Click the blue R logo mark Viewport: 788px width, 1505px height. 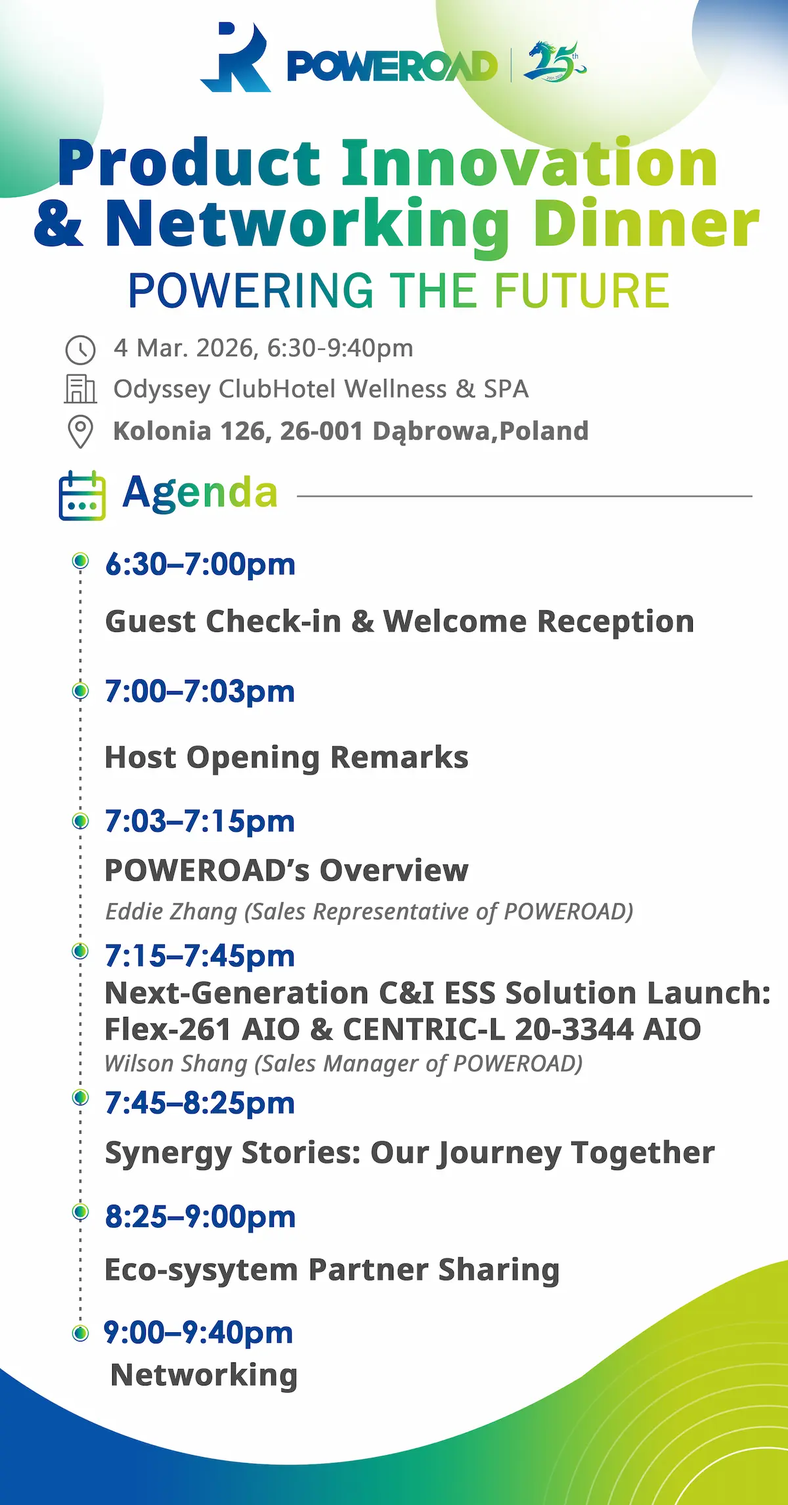point(236,57)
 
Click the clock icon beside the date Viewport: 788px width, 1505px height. point(81,349)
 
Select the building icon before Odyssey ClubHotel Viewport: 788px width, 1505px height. point(80,389)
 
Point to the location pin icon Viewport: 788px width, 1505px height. point(81,432)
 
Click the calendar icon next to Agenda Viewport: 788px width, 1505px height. point(82,496)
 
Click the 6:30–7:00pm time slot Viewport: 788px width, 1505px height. point(200,564)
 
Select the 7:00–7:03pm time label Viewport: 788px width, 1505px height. point(200,692)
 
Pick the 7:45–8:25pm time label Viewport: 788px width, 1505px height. point(200,1103)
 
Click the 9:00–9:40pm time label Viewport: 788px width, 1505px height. point(198,1333)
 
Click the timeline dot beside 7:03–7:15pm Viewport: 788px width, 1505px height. point(81,820)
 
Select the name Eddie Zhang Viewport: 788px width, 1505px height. point(171,912)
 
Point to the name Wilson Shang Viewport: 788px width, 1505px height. point(176,1064)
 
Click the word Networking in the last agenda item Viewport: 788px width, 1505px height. point(204,1375)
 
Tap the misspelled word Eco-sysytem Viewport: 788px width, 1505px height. point(202,1270)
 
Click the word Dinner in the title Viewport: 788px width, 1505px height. point(646,223)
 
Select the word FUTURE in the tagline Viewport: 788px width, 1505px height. point(582,290)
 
